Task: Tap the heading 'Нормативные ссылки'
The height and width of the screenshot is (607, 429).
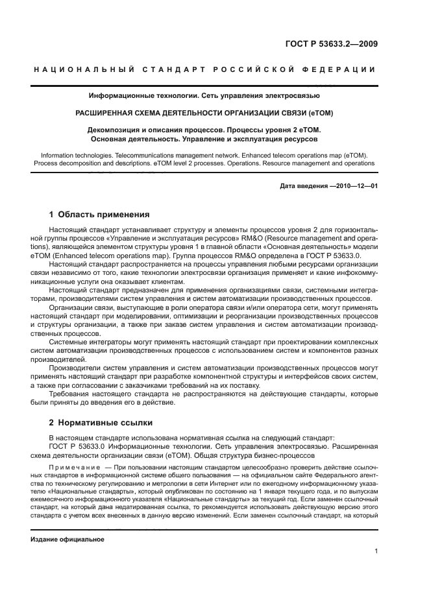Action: tap(106, 423)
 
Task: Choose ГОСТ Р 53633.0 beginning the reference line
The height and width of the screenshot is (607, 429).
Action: tap(79, 446)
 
